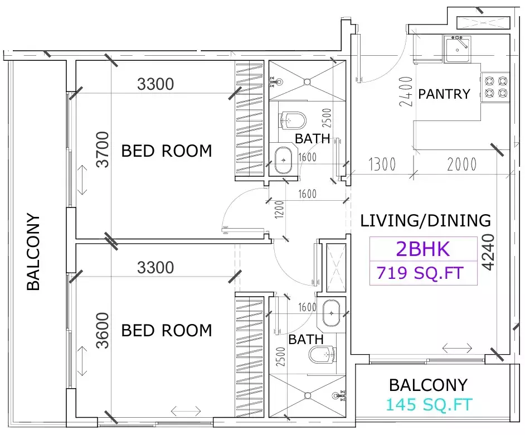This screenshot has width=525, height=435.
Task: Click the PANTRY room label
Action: [444, 94]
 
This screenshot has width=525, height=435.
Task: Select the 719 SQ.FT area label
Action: [420, 273]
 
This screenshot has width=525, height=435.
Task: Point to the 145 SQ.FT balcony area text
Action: [430, 405]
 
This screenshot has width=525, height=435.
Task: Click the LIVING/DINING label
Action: [426, 220]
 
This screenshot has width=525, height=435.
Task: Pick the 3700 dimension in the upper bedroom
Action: [102, 149]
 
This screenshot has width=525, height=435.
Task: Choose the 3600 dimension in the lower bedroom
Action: [102, 330]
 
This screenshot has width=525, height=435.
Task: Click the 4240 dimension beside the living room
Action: [488, 252]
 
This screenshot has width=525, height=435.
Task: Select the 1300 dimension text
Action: [382, 164]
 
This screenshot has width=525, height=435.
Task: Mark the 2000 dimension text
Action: [461, 164]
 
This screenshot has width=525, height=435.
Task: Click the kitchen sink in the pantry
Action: [457, 49]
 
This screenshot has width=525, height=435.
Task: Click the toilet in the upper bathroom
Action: [294, 119]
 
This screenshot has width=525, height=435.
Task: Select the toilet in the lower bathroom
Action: [322, 354]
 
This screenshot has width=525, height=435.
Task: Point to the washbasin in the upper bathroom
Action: [284, 161]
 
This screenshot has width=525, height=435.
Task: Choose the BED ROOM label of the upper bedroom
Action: [167, 151]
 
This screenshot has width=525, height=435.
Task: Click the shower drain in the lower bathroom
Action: [307, 395]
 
